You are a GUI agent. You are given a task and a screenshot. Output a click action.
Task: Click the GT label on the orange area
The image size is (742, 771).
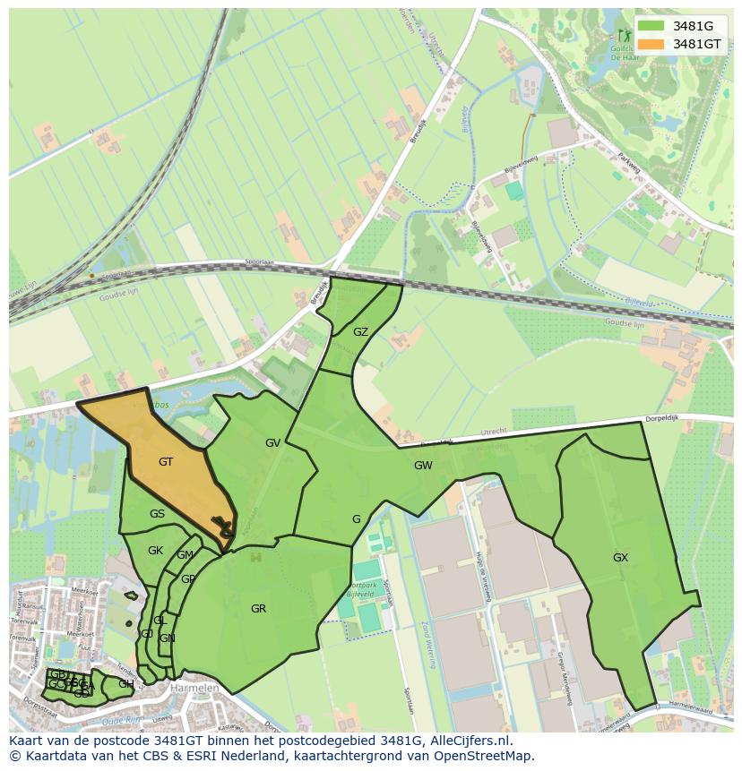pos(166,462)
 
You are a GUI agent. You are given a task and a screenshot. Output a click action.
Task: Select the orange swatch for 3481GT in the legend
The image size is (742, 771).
pos(651,44)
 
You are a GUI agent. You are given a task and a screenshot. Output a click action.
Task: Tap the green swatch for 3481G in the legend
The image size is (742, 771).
pos(651,26)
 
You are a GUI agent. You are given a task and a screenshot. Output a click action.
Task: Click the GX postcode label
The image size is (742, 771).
pos(620,557)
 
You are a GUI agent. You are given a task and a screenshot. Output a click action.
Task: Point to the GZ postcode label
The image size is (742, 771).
pos(360,332)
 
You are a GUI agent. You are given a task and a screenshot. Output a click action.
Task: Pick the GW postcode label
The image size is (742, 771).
pos(423,466)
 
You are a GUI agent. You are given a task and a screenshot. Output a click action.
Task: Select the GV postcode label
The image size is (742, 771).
pos(273,443)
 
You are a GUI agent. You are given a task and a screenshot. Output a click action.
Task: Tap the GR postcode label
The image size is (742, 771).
pos(258,609)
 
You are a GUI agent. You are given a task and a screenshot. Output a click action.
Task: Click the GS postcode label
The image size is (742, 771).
pos(157,514)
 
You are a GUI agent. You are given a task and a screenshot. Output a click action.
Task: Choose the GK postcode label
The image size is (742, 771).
pos(155,551)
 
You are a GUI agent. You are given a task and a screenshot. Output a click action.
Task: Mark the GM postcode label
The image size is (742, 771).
pos(185,555)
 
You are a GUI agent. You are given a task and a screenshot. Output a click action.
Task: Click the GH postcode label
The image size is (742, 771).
pos(126,684)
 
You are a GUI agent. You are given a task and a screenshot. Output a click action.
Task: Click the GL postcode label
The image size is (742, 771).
pos(160,621)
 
